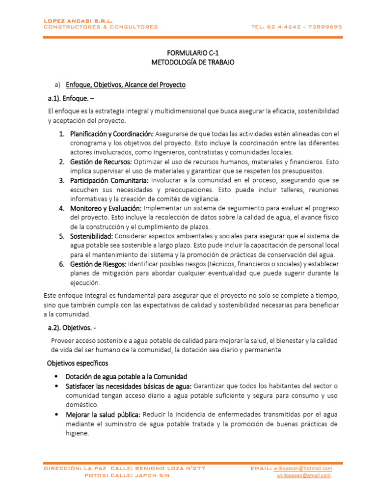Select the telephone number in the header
pos(296,27)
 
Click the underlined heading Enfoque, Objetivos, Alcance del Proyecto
pos(126,84)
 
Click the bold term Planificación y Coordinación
pos(112,134)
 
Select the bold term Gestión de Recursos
pos(101,162)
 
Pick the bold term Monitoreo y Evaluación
pos(106,208)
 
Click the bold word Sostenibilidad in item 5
pos(92,236)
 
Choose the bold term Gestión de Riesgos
pos(99,264)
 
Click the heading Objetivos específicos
pos(78,363)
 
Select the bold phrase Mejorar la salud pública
pos(103,414)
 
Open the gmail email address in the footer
pos(304,475)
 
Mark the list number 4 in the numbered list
pos(62,208)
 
